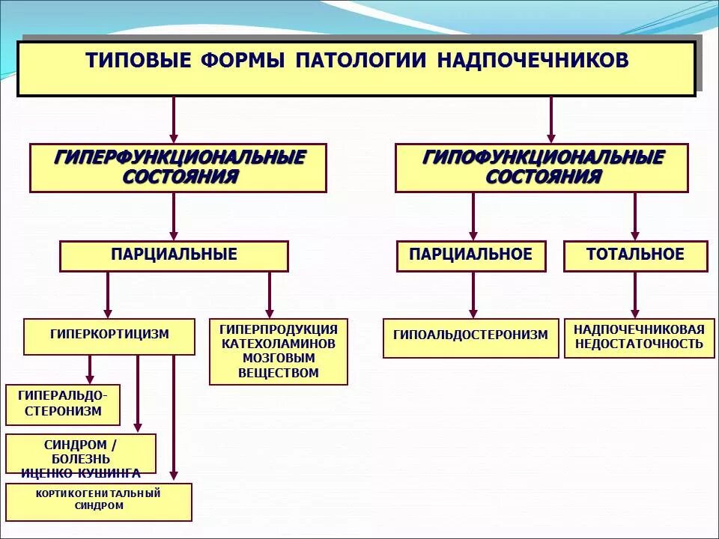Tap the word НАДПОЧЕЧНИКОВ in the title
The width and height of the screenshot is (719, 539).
click(x=533, y=61)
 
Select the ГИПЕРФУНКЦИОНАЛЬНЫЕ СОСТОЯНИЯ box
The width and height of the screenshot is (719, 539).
click(x=178, y=168)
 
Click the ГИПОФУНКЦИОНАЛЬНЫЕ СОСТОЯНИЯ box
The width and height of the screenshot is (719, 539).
click(x=541, y=168)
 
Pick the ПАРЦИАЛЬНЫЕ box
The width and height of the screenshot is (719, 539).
click(x=174, y=255)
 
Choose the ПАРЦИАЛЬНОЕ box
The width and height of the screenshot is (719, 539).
click(x=471, y=255)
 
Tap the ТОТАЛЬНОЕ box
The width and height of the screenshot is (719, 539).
click(x=635, y=255)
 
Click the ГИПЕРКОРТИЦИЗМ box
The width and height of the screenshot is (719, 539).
click(x=109, y=335)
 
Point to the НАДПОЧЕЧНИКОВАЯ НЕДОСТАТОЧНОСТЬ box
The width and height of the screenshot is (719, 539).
click(x=639, y=338)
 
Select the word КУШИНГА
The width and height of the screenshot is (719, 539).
click(x=109, y=472)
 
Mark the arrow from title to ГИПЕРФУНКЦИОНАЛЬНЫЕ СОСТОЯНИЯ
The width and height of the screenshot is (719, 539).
click(x=174, y=120)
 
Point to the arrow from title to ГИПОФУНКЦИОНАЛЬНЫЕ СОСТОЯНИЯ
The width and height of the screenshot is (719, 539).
click(x=551, y=120)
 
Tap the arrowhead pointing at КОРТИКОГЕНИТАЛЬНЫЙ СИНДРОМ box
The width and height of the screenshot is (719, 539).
click(x=174, y=475)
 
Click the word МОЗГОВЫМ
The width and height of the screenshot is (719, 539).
click(x=278, y=358)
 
